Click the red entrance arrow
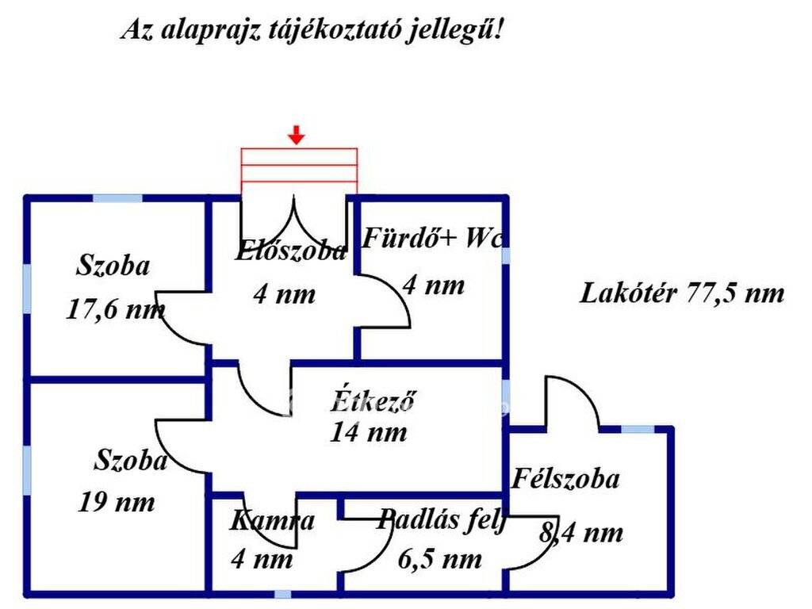[x=297, y=135]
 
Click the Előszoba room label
[x=290, y=251]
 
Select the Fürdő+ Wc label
[x=432, y=238]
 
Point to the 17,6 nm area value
[x=116, y=310]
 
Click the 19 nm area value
[x=117, y=502]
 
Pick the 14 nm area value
[x=369, y=432]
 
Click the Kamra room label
[x=272, y=520]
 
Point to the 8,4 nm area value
[x=581, y=532]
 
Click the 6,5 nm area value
[x=440, y=559]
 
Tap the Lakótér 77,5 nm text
[x=682, y=293]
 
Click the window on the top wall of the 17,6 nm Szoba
[x=117, y=197]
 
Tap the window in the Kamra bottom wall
[x=282, y=594]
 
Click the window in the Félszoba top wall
[x=638, y=429]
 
